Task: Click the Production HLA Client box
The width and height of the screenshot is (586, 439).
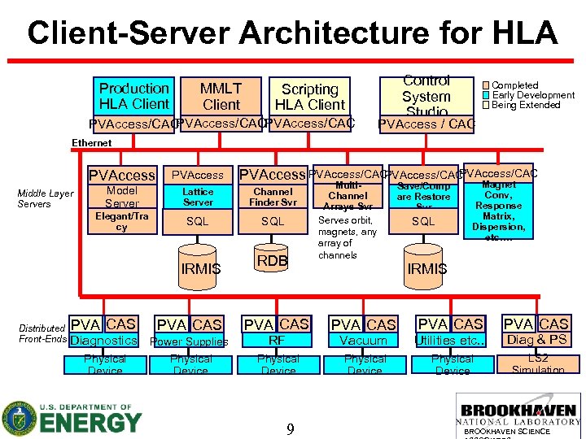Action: (133, 96)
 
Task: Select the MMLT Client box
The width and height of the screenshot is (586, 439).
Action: (221, 96)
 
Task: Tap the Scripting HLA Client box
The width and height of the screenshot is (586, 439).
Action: (309, 97)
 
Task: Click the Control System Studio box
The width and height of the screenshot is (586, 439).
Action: (426, 96)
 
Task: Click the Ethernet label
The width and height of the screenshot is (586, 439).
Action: (92, 143)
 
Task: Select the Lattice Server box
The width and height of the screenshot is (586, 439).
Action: (198, 197)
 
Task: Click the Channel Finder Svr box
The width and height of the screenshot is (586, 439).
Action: (273, 197)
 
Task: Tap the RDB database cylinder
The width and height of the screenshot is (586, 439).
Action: (273, 259)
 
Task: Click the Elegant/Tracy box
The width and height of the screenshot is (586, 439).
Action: (122, 222)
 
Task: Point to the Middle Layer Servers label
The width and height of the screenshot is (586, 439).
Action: (46, 198)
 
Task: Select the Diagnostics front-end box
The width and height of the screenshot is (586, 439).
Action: (104, 341)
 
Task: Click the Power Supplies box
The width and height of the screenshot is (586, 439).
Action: (190, 342)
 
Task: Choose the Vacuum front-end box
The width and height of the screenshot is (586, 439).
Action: (364, 341)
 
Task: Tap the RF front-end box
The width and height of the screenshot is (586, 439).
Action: (278, 341)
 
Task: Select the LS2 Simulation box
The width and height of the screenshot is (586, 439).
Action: (537, 363)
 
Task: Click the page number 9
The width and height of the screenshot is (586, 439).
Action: (290, 428)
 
